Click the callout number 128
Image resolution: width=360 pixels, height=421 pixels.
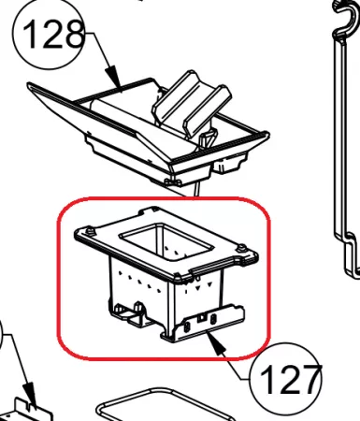(x=53, y=35)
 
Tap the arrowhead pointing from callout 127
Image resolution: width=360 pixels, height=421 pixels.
(x=217, y=342)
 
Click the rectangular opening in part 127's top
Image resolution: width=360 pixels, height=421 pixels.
(x=166, y=242)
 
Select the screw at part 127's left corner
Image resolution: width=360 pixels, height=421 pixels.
(x=91, y=231)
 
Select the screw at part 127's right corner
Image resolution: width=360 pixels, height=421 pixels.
(x=241, y=248)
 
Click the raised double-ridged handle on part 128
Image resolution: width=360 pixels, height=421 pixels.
(x=192, y=103)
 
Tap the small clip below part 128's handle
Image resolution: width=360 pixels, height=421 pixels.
(x=208, y=139)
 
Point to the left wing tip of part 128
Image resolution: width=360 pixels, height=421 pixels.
(x=31, y=86)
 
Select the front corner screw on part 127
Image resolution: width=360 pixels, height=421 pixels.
(x=177, y=276)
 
